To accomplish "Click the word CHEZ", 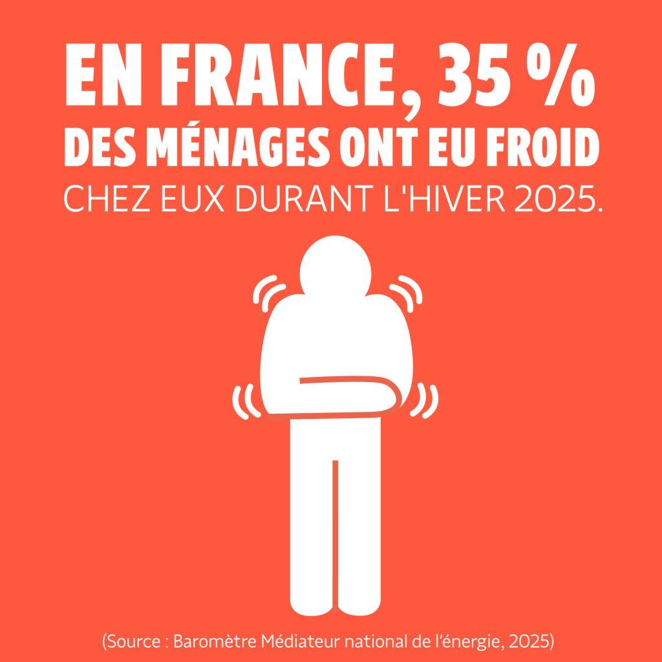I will click(x=101, y=202).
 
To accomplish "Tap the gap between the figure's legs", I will click(x=335, y=517).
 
